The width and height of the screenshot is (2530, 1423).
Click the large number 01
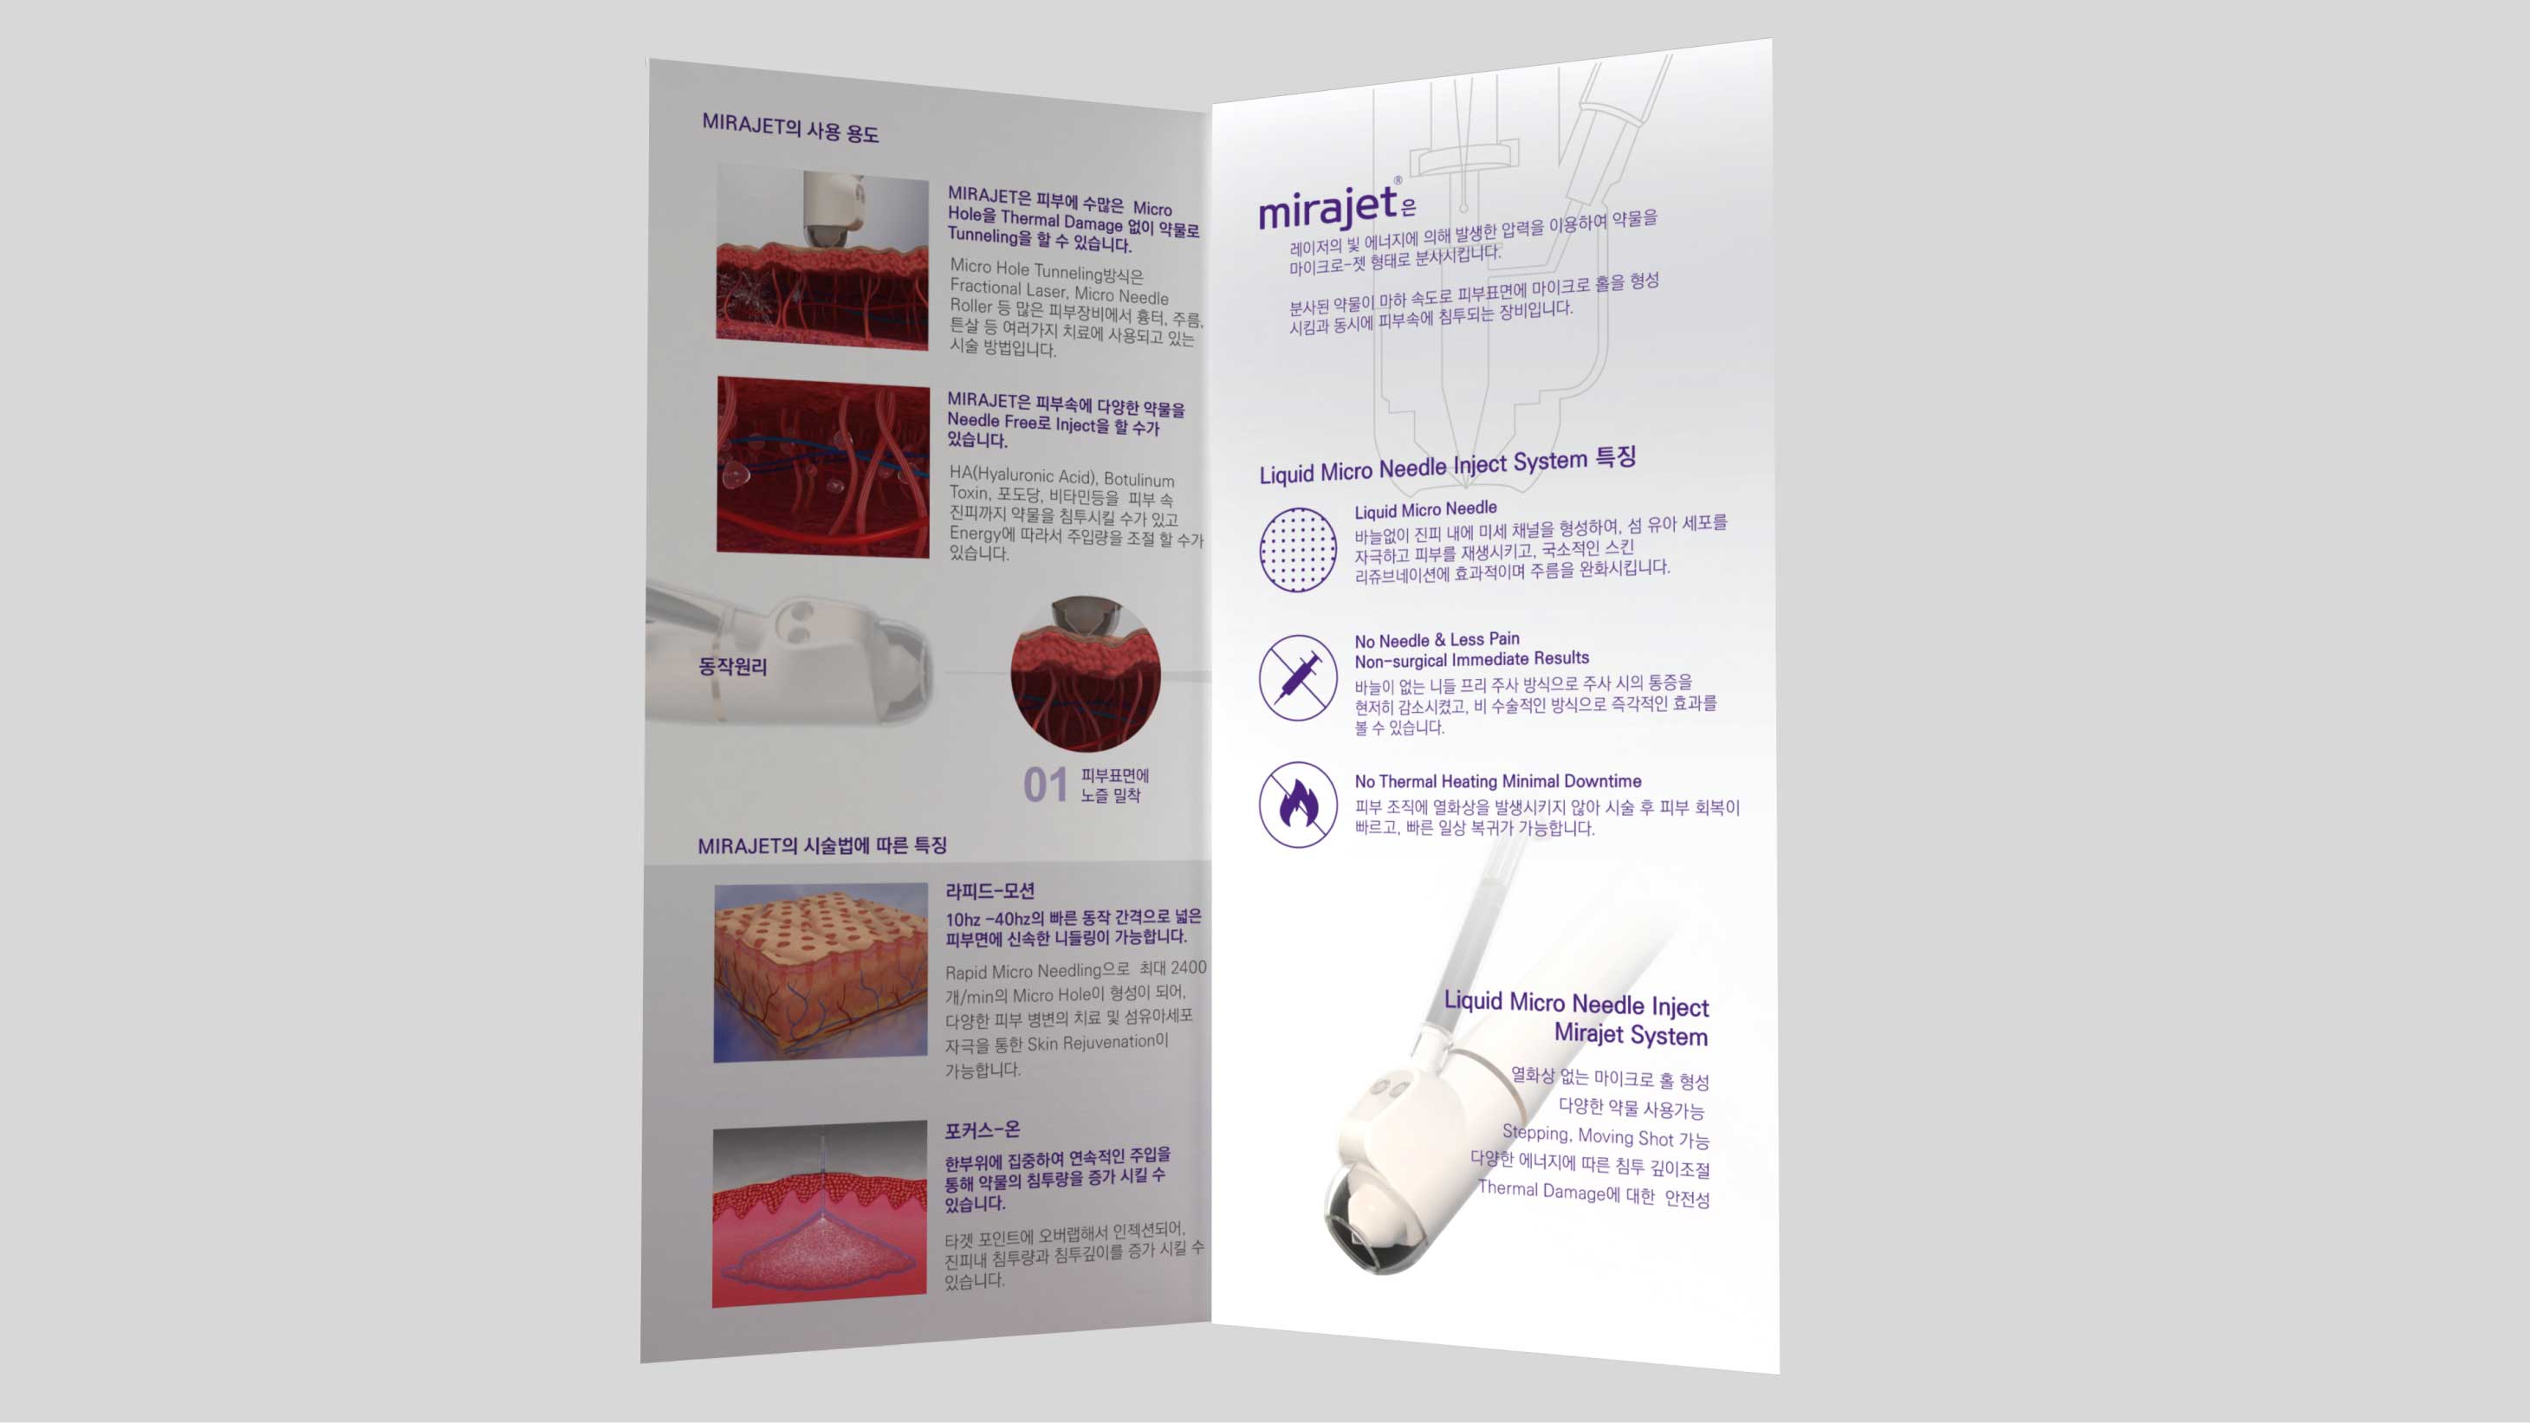(x=1045, y=785)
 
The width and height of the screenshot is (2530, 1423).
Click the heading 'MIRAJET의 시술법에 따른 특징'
(x=822, y=845)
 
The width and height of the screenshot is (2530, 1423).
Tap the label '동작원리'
(x=733, y=667)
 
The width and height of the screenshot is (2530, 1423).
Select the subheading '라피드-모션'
(x=990, y=890)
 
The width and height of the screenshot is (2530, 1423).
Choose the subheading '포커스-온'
(x=983, y=1130)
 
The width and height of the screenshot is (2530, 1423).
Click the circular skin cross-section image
(x=1086, y=675)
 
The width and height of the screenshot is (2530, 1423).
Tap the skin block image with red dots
(x=821, y=973)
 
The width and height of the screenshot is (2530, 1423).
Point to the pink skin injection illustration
(x=819, y=1215)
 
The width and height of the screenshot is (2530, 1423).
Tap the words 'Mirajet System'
(x=1631, y=1034)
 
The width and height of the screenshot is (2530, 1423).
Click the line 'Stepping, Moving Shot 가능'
(x=1606, y=1136)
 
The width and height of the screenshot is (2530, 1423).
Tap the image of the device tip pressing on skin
(x=822, y=257)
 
